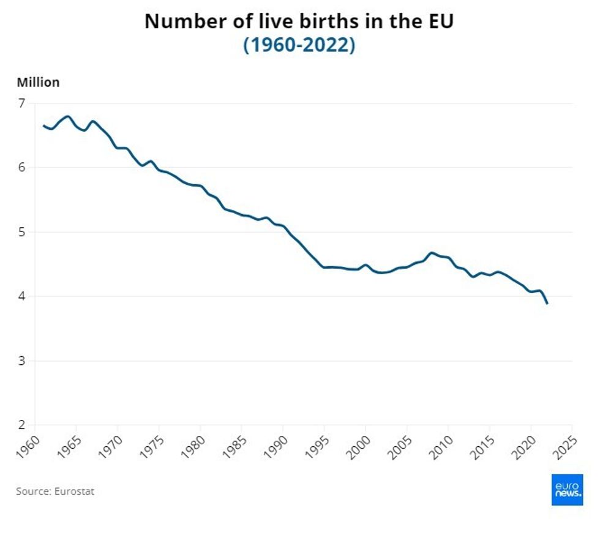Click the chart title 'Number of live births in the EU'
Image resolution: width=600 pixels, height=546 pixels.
[x=299, y=21]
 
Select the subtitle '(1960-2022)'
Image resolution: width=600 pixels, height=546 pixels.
[x=299, y=45]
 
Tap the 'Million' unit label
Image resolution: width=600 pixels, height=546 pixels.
[x=38, y=83]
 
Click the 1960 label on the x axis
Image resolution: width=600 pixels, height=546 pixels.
[x=28, y=443]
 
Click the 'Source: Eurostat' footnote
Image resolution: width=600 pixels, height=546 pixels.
[x=55, y=491]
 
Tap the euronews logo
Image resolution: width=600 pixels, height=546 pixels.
[x=567, y=490]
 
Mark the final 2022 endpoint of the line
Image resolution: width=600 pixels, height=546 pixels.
[x=547, y=303]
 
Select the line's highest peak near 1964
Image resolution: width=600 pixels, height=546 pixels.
[x=67, y=116]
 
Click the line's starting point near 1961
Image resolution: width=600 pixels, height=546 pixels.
[x=43, y=125]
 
